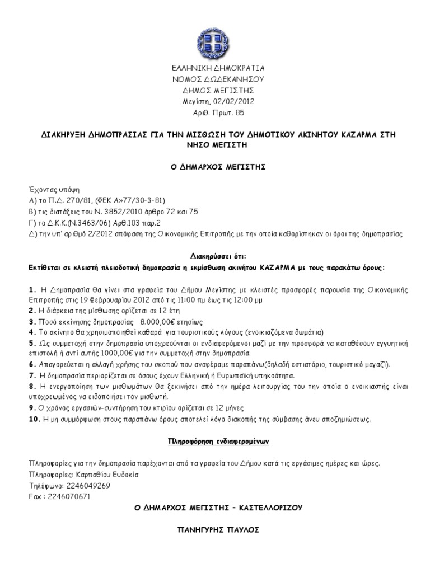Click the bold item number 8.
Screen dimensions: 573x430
click(x=31, y=387)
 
